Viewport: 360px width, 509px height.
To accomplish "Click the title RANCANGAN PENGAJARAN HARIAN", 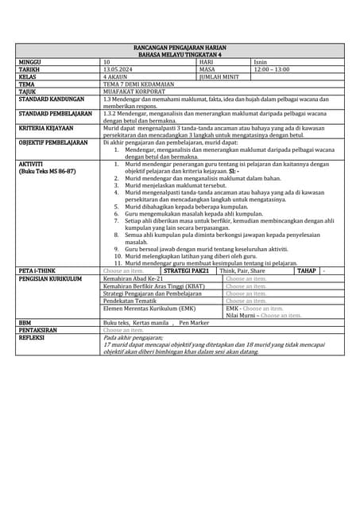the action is pyautogui.click(x=180, y=48).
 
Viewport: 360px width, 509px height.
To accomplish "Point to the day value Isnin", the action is pyautogui.click(x=261, y=61).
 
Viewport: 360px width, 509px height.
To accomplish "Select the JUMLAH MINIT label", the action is pyautogui.click(x=219, y=76).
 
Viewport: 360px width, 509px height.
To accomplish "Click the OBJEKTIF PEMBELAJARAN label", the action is pyautogui.click(x=53, y=142).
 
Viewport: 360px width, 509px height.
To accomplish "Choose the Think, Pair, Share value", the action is pyautogui.click(x=242, y=270).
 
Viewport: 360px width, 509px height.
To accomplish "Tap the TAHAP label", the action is pyautogui.click(x=307, y=270).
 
